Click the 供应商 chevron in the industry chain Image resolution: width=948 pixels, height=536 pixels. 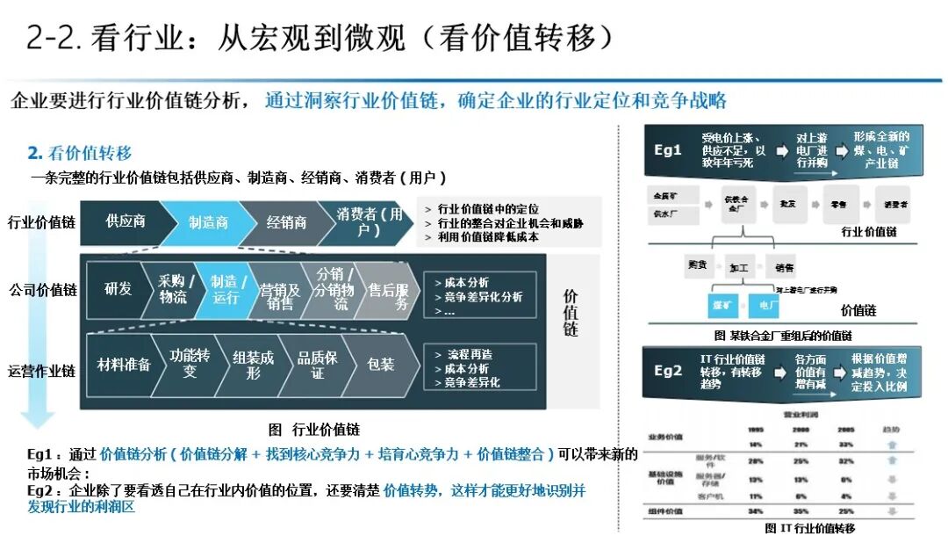pyautogui.click(x=126, y=222)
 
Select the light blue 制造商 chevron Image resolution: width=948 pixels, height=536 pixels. pyautogui.click(x=208, y=222)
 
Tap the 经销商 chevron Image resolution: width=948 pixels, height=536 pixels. pyautogui.click(x=287, y=222)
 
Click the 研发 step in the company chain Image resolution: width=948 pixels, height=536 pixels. pyautogui.click(x=118, y=288)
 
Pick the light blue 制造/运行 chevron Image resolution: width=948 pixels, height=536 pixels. pyautogui.click(x=225, y=289)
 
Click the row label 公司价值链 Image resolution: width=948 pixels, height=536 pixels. pyautogui.click(x=43, y=289)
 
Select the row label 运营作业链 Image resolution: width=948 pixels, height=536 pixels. pyautogui.click(x=43, y=371)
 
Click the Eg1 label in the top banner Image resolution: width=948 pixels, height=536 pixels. pyautogui.click(x=668, y=149)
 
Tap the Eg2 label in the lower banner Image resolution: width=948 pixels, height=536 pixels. pyautogui.click(x=668, y=370)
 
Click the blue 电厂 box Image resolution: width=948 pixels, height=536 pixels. pyautogui.click(x=767, y=305)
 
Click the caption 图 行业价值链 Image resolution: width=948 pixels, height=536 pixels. pyautogui.click(x=313, y=430)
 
